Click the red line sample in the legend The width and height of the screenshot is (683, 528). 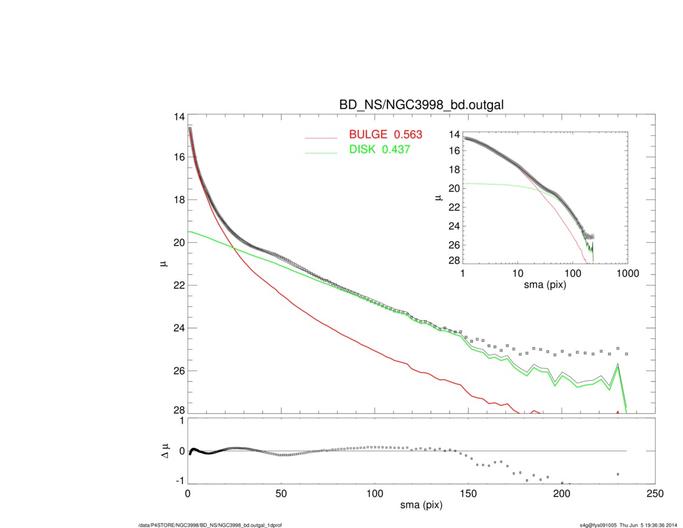(320, 137)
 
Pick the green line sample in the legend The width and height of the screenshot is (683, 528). (320, 151)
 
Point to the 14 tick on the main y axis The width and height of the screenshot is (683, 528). (179, 117)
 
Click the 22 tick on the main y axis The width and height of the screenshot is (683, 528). (179, 285)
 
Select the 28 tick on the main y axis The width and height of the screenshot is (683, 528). (179, 411)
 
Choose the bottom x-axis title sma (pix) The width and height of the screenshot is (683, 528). (422, 506)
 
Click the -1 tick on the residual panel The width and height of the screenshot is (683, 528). (180, 481)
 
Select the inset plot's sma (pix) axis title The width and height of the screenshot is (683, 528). (544, 284)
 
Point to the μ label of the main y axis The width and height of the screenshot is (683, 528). (165, 264)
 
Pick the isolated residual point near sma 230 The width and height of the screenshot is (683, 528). (618, 474)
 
